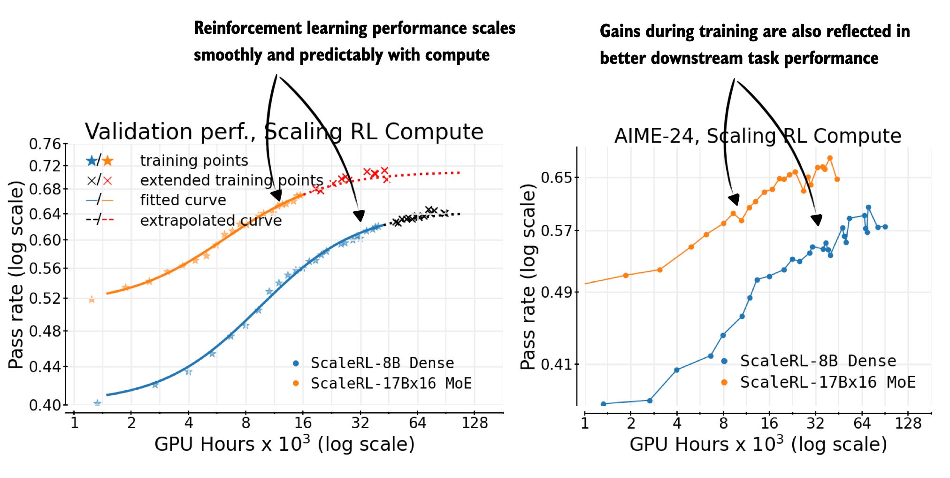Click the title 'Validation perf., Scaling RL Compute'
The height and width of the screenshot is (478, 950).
284,131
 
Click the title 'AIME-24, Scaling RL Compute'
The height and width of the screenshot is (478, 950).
758,136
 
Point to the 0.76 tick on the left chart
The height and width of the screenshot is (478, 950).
45,144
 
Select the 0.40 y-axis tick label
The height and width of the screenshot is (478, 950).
45,405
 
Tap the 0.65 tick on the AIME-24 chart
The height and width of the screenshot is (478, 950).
557,177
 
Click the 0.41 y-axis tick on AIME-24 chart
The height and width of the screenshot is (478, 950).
557,364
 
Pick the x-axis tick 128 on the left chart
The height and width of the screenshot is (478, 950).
475,423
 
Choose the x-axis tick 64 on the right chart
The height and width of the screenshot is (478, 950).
862,423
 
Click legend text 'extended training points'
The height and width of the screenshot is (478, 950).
232,180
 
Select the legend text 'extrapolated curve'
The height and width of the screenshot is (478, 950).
211,220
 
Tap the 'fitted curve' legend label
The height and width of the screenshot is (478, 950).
183,200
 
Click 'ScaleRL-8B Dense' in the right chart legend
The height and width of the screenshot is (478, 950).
818,361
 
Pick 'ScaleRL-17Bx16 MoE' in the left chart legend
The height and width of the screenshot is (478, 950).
391,383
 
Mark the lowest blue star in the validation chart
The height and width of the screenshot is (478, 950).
97,403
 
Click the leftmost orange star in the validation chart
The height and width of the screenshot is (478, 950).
92,300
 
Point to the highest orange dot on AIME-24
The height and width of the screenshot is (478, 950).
830,158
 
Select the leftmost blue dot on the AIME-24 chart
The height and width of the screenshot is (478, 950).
603,404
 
